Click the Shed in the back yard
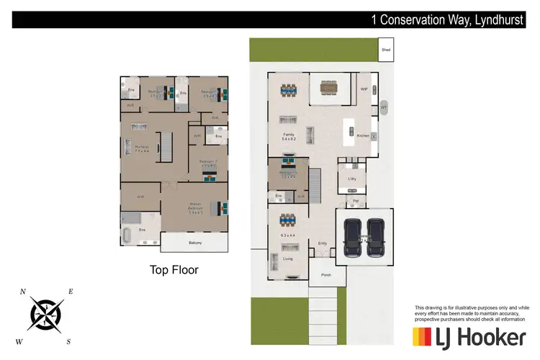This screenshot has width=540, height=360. click(385, 50)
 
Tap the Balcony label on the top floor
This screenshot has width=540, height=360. click(195, 243)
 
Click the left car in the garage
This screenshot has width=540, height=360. click(352, 238)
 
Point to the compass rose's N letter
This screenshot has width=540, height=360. click(23, 292)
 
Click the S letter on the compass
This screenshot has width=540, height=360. click(68, 341)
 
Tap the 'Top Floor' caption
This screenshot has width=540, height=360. click(174, 271)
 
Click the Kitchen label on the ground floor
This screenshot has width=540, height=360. click(363, 135)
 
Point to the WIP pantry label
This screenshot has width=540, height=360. click(364, 89)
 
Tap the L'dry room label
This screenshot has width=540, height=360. click(353, 178)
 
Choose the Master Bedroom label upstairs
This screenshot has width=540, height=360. click(195, 209)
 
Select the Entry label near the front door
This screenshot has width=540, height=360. click(323, 243)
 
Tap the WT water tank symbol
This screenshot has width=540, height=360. click(384, 107)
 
